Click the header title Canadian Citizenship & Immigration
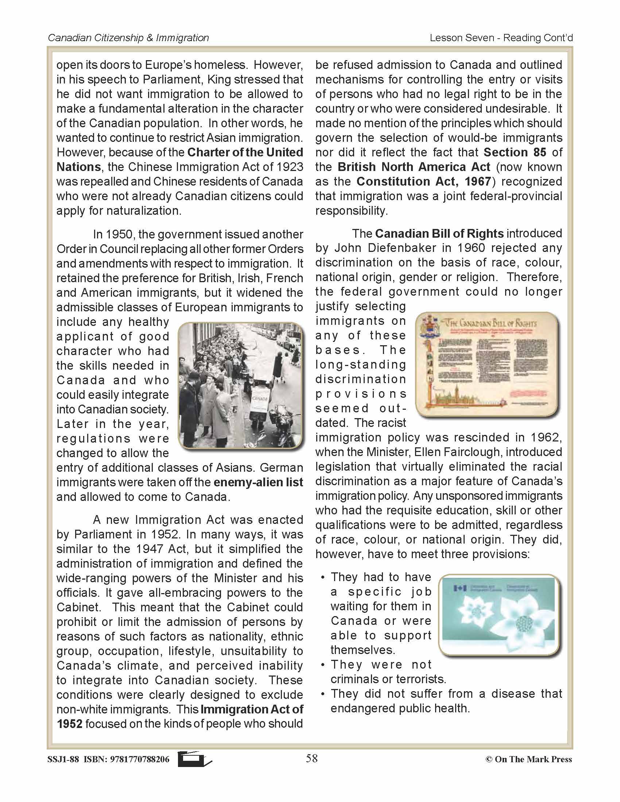tap(128, 38)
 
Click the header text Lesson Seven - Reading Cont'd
tap(501, 38)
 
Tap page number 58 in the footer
tap(311, 758)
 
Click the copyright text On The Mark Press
tap(533, 759)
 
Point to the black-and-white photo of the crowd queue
tap(241, 386)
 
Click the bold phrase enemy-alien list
tap(258, 483)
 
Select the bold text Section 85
tap(515, 152)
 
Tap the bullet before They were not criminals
tap(322, 665)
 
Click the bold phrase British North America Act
tap(414, 167)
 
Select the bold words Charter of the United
tap(245, 152)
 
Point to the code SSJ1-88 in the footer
tap(63, 759)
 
